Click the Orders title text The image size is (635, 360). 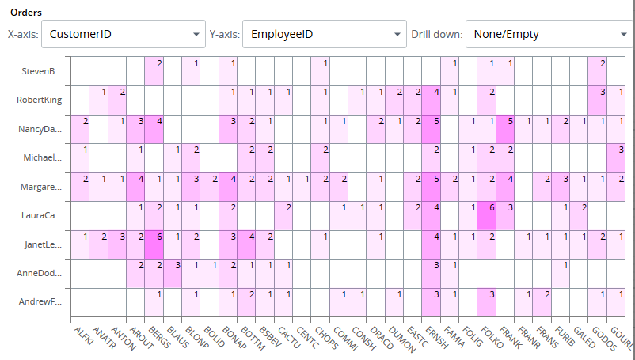(25, 13)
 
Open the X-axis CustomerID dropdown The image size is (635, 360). (123, 35)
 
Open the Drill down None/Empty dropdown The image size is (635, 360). (549, 35)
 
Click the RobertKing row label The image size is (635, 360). (39, 100)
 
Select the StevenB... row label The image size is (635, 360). (41, 72)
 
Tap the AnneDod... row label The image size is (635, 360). (41, 274)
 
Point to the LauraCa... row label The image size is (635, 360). (41, 215)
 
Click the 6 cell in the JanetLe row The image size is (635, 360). (154, 244)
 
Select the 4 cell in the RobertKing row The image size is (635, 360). (432, 100)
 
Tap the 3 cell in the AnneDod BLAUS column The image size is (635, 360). (173, 274)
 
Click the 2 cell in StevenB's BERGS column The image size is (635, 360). (154, 71)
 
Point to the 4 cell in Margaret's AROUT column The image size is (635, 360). (135, 187)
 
